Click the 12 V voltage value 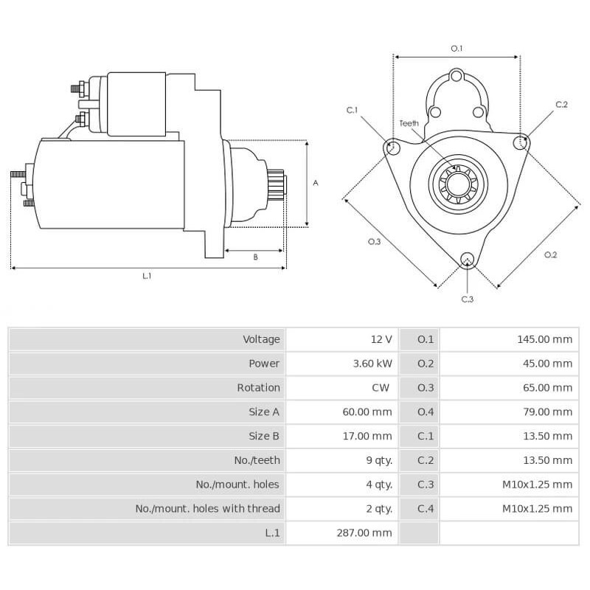[x=381, y=339]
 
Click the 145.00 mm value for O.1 [x=544, y=339]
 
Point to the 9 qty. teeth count [x=378, y=460]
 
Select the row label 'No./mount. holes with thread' [x=207, y=509]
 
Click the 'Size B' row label [x=264, y=436]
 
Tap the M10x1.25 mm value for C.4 [x=537, y=509]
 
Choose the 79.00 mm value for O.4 [x=546, y=412]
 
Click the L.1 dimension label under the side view [x=147, y=276]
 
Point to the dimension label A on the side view [x=316, y=182]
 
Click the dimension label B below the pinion [x=255, y=257]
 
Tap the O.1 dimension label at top [x=457, y=49]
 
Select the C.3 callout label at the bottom [x=467, y=299]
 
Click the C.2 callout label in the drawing [x=561, y=105]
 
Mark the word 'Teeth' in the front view [x=409, y=123]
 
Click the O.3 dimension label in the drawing [x=374, y=242]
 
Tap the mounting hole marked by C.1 [x=393, y=148]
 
